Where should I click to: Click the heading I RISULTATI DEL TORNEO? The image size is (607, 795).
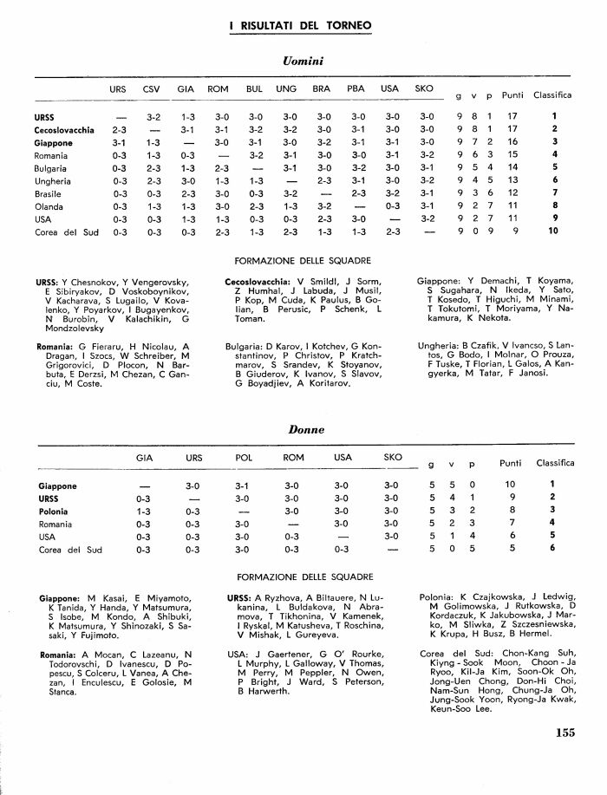pyautogui.click(x=301, y=26)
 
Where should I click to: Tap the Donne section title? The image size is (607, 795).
pyautogui.click(x=306, y=429)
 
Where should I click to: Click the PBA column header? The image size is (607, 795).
pyautogui.click(x=356, y=88)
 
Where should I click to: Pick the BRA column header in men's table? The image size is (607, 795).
pyautogui.click(x=321, y=88)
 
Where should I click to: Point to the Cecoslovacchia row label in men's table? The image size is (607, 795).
pyautogui.click(x=64, y=130)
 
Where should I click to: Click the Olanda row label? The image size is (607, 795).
pyautogui.click(x=49, y=207)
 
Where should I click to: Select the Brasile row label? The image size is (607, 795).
pyautogui.click(x=49, y=194)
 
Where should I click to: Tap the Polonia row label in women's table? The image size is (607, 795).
pyautogui.click(x=52, y=512)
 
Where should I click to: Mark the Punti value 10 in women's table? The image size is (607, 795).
pyautogui.click(x=512, y=484)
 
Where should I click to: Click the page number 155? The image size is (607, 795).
pyautogui.click(x=565, y=756)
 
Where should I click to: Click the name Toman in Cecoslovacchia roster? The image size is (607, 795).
pyautogui.click(x=250, y=319)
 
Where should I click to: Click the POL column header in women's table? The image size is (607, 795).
pyautogui.click(x=245, y=457)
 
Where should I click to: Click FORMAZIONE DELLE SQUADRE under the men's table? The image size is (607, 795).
pyautogui.click(x=303, y=260)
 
